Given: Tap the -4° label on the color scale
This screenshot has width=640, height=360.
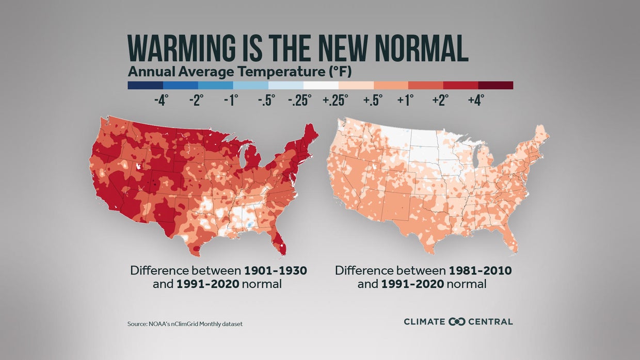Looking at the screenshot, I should (162, 100).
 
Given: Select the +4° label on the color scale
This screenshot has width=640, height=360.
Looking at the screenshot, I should (475, 100).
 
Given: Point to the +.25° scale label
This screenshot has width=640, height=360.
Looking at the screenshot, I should (335, 100).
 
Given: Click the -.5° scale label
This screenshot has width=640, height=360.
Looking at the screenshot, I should (266, 100).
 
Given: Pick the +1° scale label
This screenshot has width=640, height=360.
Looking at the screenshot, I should (406, 100).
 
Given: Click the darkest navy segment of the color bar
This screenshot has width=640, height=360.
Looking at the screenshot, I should (145, 85).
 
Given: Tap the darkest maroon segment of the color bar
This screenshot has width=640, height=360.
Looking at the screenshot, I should (495, 85).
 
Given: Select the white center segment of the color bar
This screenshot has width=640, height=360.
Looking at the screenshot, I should (321, 85).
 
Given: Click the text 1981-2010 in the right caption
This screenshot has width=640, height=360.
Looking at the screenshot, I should (480, 271).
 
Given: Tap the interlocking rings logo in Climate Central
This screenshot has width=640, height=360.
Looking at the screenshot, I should (457, 322).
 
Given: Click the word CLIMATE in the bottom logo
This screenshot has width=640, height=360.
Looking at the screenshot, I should (424, 322).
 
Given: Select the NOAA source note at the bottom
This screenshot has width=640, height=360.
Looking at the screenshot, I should (185, 324).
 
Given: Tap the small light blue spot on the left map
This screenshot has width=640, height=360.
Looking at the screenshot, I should (249, 225).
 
